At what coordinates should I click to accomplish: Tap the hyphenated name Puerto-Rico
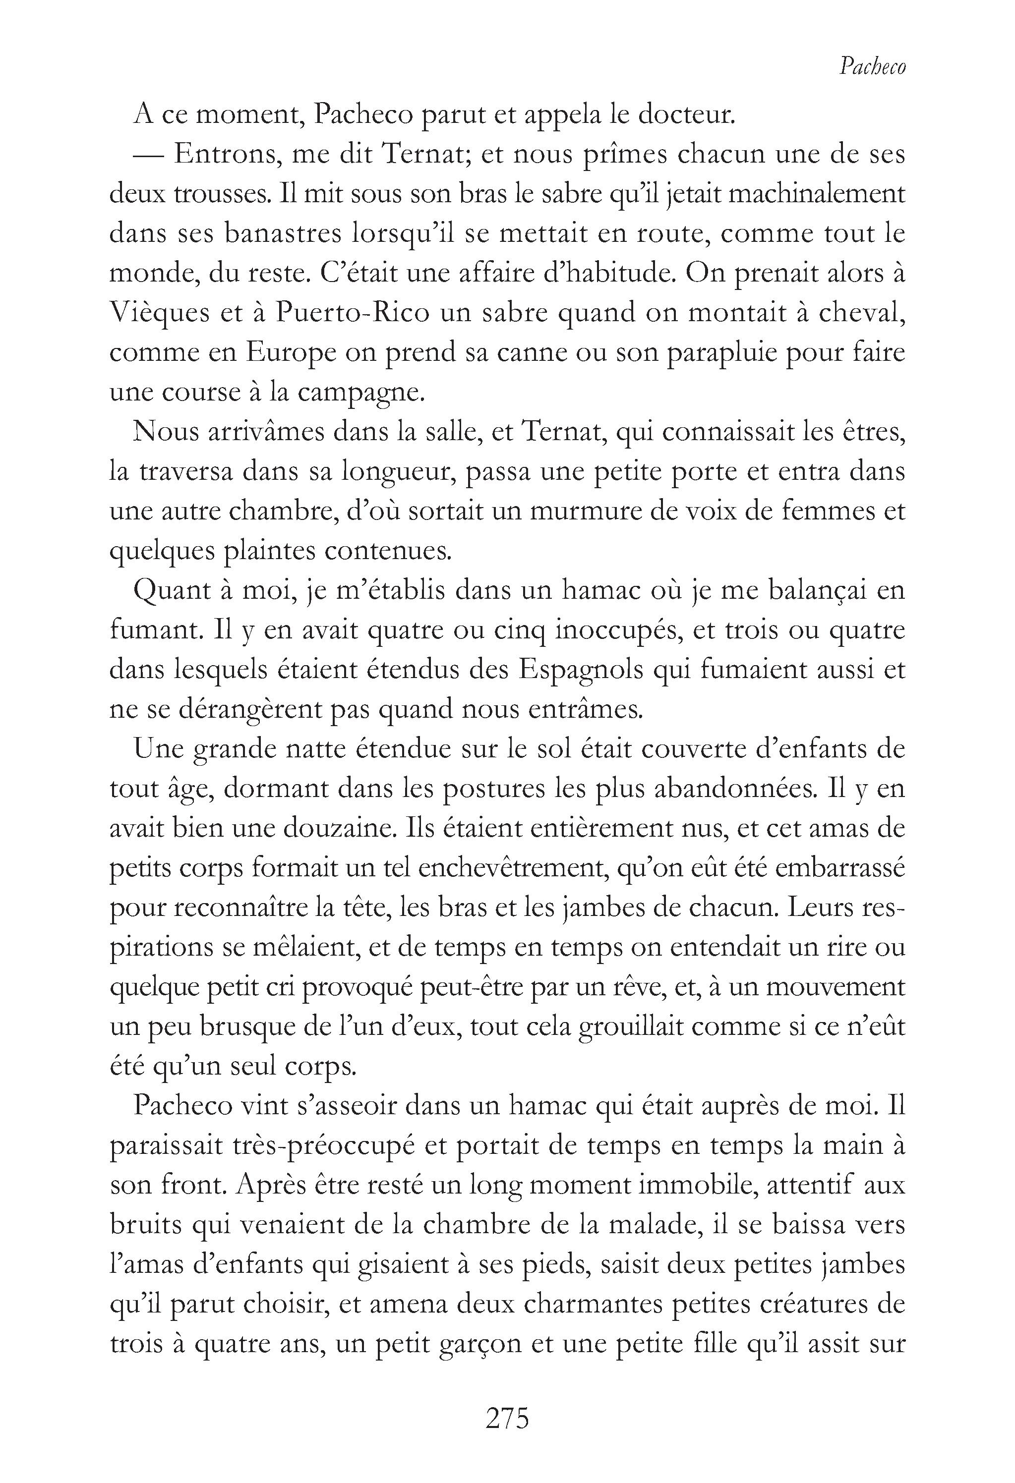pyautogui.click(x=353, y=313)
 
